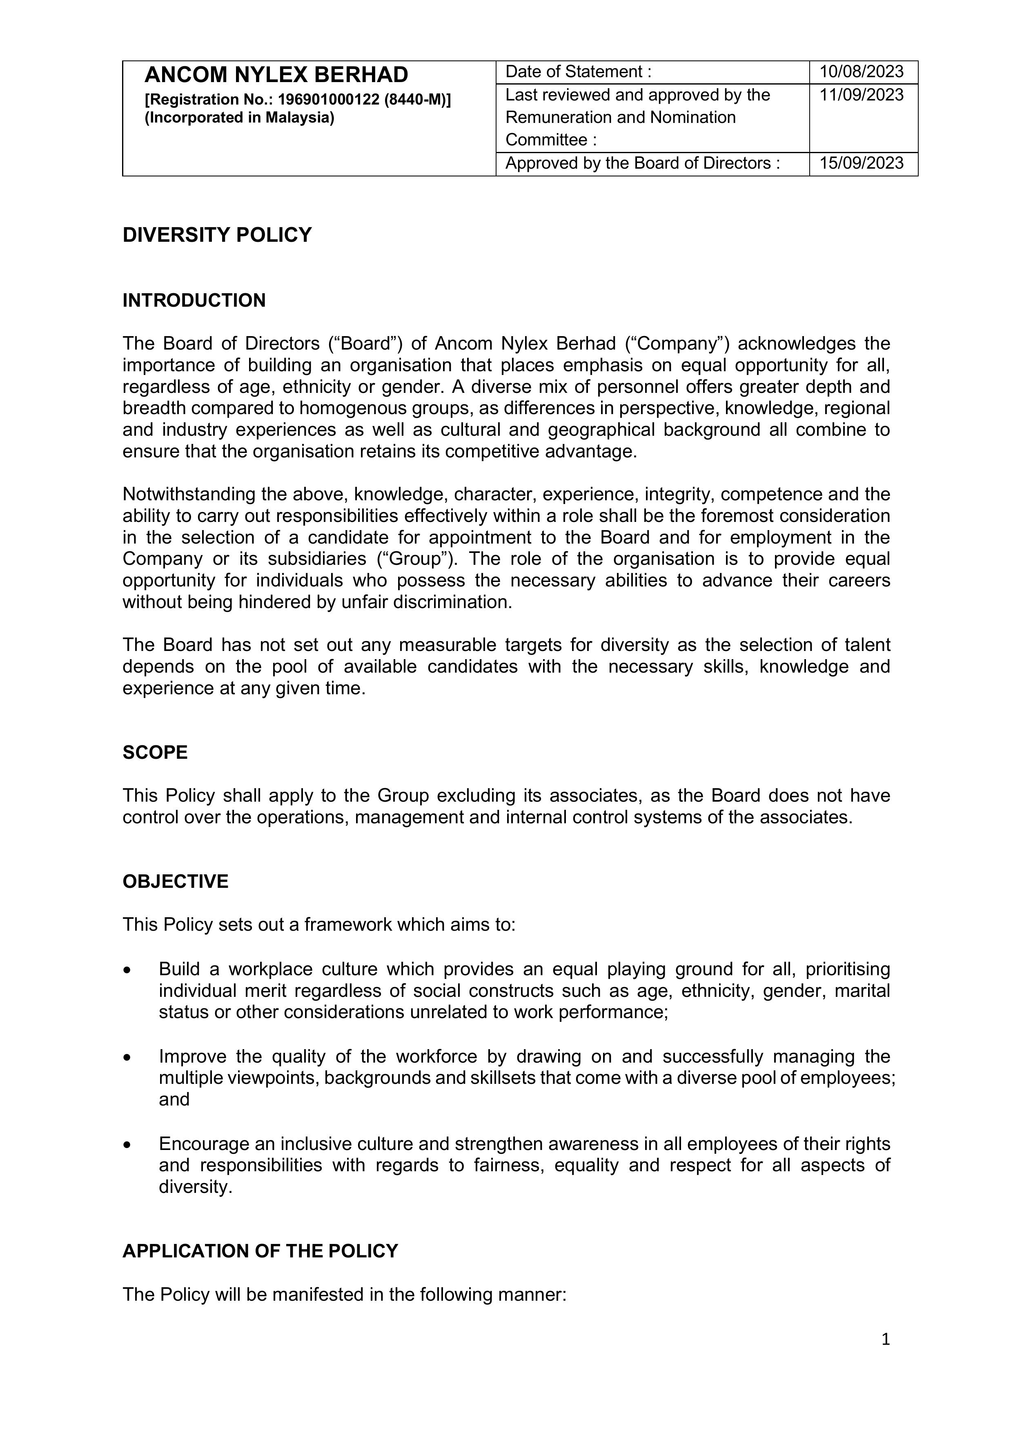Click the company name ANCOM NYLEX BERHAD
coord(276,75)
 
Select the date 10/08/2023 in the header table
coord(862,72)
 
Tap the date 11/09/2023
coord(862,95)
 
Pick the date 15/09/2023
coord(862,163)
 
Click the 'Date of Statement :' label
coord(578,72)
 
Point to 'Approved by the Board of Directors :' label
coord(642,163)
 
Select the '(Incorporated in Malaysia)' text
coord(239,117)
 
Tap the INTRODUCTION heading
coord(194,301)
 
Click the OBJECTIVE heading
coord(176,881)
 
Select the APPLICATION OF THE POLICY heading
coord(260,1251)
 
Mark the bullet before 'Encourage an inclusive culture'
coord(127,1145)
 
